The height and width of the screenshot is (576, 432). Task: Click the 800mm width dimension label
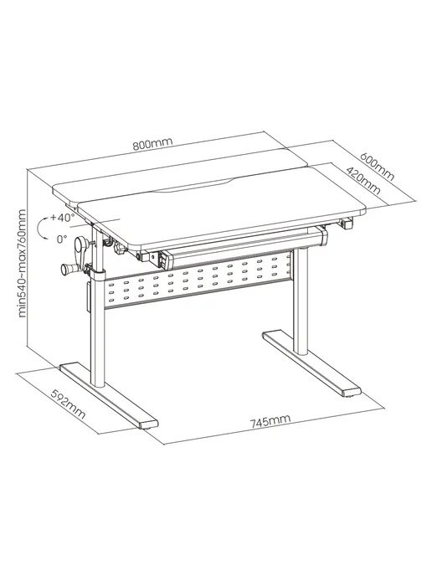pos(152,144)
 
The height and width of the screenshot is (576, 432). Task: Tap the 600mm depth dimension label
pos(377,166)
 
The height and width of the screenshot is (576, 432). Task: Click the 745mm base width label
pos(270,422)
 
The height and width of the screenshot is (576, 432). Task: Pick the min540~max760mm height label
pos(22,263)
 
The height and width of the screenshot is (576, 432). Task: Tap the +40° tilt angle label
pos(63,218)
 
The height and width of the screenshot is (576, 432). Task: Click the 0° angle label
pos(62,239)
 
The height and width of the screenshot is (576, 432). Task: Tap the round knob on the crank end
pos(66,270)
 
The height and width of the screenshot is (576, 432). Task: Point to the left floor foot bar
pos(109,396)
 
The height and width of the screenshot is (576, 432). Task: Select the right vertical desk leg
pos(302,301)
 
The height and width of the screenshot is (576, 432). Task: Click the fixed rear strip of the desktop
pos(180,172)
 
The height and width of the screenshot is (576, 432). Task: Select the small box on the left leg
pos(89,296)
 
